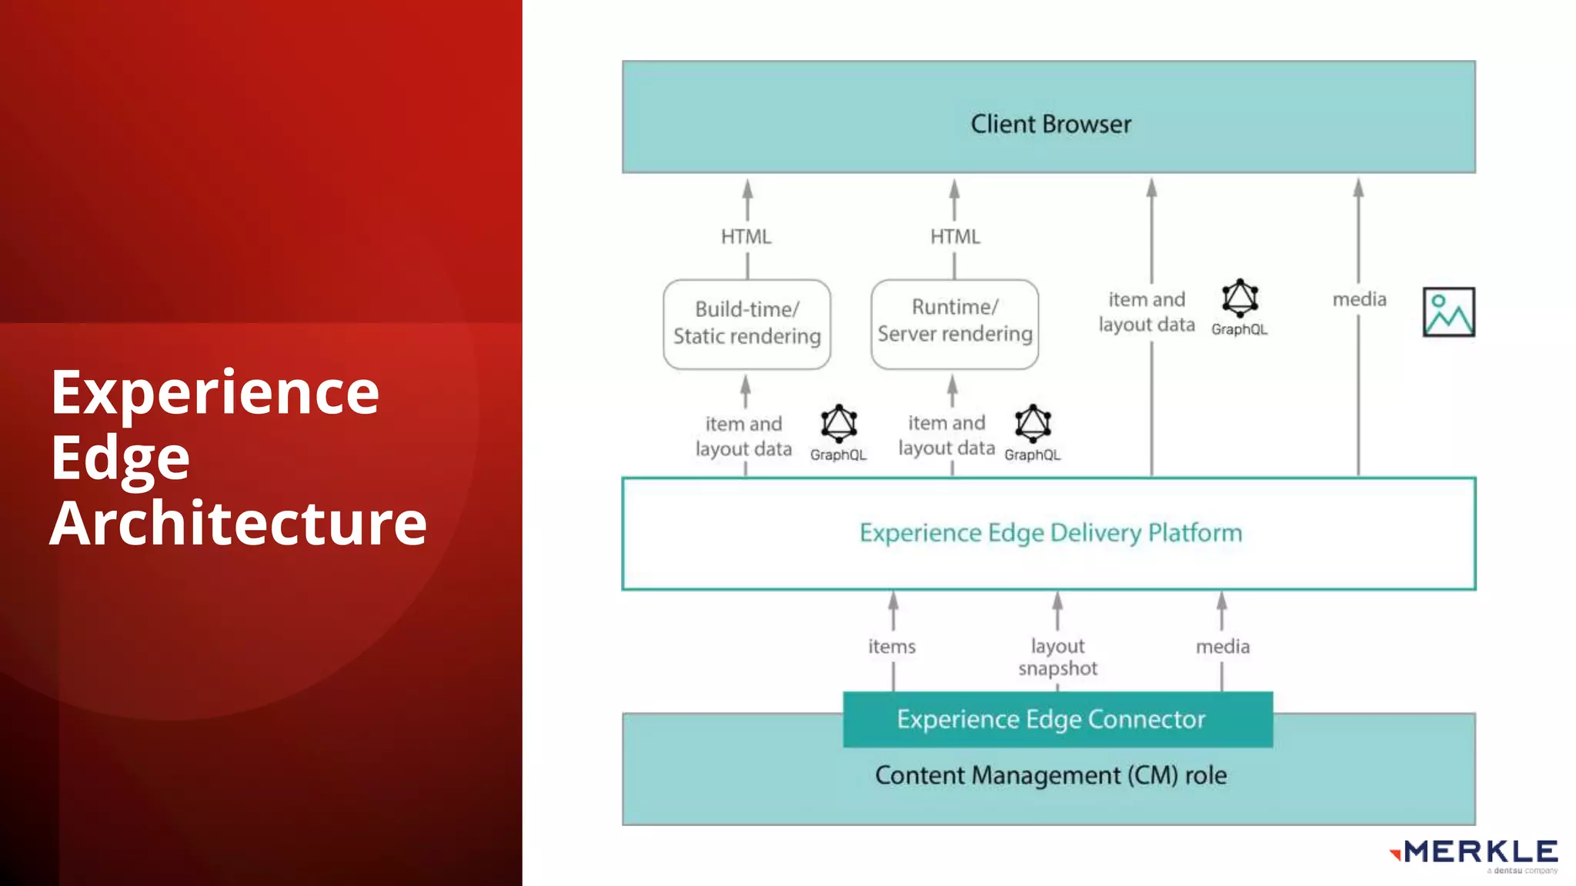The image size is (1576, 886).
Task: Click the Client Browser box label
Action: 1050,124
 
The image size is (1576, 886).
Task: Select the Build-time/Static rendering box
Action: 746,324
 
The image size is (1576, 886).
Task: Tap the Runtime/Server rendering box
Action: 954,322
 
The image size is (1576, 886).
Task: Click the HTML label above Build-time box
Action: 746,237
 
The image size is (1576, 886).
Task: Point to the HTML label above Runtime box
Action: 955,237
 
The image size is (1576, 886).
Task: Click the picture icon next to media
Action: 1448,312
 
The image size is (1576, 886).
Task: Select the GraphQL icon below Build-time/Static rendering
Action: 839,424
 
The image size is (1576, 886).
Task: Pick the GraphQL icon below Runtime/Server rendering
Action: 1033,424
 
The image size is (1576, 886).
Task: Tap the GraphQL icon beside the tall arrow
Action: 1240,298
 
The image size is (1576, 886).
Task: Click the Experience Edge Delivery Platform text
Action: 1050,533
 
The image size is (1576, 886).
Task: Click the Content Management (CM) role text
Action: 1050,775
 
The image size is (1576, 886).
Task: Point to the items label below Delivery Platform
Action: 892,647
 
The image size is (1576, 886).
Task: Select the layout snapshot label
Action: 1057,657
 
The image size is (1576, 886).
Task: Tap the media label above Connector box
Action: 1222,647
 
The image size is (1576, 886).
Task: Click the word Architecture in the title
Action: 239,523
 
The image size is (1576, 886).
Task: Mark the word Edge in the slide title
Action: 120,458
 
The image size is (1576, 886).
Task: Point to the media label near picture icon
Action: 1359,299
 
